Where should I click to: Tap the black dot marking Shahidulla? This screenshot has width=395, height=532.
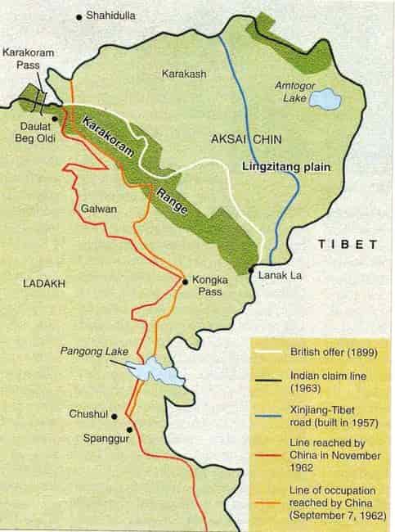79,16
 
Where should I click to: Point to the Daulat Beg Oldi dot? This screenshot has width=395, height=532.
56,118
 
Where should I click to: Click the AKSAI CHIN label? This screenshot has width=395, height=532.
245,140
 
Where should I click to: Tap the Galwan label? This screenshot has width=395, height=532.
99,208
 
